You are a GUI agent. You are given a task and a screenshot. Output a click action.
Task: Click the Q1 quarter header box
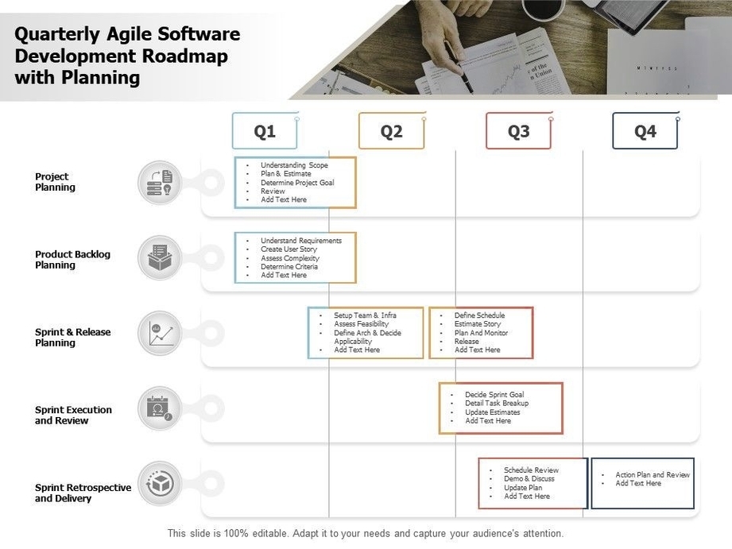click(x=265, y=131)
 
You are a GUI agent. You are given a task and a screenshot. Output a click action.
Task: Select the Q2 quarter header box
click(x=391, y=131)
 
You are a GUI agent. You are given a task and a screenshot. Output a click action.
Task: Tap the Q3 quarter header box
click(x=518, y=131)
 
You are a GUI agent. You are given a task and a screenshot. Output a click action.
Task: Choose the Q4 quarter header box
click(x=645, y=131)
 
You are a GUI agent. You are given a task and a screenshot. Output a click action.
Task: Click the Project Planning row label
click(x=55, y=182)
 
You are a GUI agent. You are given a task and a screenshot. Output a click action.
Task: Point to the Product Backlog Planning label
click(x=72, y=260)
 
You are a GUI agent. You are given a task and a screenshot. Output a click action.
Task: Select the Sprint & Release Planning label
click(x=73, y=338)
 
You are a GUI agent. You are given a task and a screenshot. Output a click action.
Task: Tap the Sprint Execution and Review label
click(x=73, y=415)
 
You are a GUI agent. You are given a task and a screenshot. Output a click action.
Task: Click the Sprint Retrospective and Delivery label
click(x=83, y=493)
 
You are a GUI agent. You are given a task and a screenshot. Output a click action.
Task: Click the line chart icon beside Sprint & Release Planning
click(x=160, y=333)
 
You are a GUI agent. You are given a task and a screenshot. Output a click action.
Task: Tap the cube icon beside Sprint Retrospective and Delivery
click(x=160, y=484)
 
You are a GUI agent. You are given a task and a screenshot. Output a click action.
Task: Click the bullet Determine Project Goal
click(x=297, y=183)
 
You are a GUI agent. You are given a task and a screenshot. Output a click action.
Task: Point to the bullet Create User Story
click(x=289, y=249)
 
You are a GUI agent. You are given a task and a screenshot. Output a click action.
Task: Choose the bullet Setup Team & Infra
click(x=365, y=315)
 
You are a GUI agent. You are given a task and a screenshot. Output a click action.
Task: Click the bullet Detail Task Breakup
click(x=497, y=404)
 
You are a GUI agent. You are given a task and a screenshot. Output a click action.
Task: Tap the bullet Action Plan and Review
click(x=653, y=474)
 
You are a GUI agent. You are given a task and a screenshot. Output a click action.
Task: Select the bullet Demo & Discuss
click(x=529, y=479)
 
